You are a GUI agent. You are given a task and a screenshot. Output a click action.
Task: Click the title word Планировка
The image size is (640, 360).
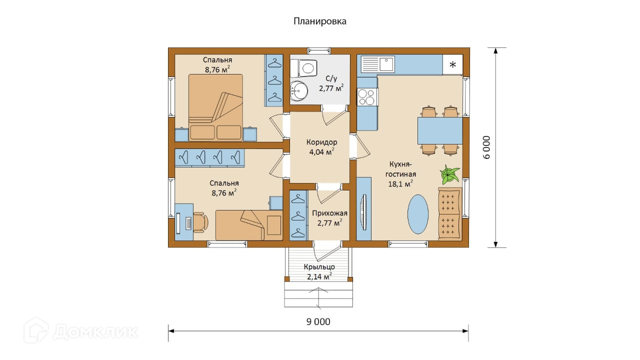(x=319, y=21)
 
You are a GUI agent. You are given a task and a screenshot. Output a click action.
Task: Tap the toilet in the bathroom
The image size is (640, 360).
(x=303, y=68)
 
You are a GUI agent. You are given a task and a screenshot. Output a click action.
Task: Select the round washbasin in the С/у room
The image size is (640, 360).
(x=299, y=91)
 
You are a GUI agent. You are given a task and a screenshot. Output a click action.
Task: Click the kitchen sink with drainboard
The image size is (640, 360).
(x=377, y=64)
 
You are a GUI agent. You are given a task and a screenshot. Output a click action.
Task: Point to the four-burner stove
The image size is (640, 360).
(x=367, y=97)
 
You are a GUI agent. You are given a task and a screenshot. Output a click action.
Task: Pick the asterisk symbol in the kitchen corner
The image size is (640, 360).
(x=453, y=65)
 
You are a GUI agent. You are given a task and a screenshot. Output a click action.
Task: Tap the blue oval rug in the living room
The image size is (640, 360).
(x=418, y=214)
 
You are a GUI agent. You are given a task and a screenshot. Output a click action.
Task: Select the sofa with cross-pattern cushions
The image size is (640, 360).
(x=450, y=214)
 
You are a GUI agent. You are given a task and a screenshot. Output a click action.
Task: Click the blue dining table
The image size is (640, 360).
(x=440, y=130)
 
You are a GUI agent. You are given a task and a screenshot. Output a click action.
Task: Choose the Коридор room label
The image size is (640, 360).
(x=321, y=142)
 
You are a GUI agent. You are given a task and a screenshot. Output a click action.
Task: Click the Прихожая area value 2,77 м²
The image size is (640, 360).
(x=330, y=222)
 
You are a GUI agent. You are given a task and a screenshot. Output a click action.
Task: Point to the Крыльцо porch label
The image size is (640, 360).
(x=319, y=267)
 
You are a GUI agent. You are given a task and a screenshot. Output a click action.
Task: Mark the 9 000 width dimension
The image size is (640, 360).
(x=318, y=321)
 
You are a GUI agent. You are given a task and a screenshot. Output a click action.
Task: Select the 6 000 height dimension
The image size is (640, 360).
(x=486, y=147)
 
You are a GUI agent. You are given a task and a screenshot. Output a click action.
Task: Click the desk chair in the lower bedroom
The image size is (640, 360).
(x=201, y=221)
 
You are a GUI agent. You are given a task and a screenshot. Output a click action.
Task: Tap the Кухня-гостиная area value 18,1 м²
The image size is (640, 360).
(x=400, y=183)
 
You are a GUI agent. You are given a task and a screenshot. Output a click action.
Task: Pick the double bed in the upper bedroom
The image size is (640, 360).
(x=215, y=107)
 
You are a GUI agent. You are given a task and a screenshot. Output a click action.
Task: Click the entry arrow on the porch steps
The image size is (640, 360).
(x=318, y=298)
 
